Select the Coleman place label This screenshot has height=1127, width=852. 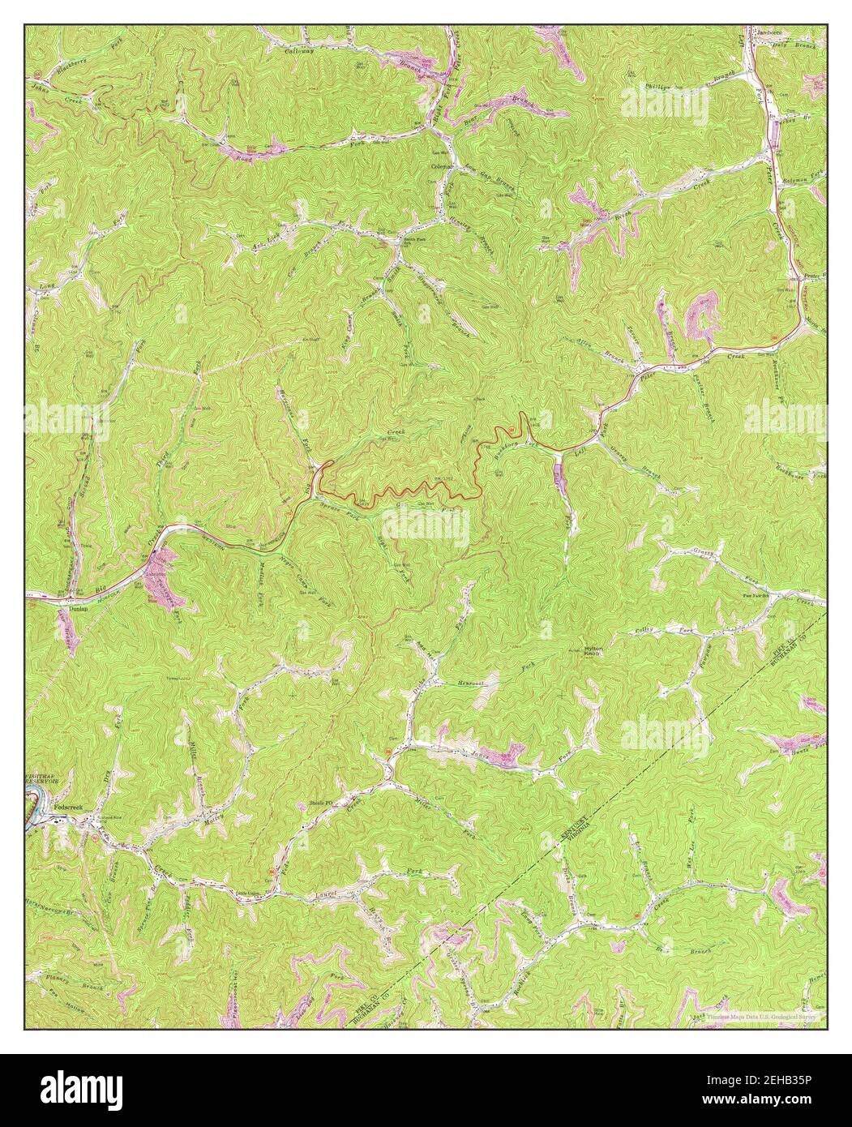[442, 167]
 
